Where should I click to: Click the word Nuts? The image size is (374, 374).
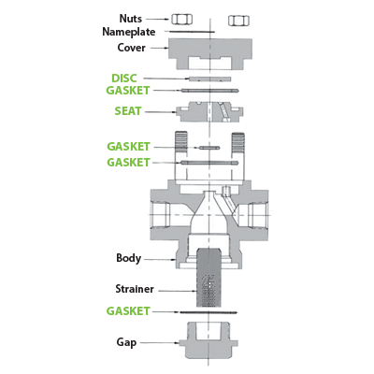click(131, 19)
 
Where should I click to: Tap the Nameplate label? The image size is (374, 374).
click(129, 32)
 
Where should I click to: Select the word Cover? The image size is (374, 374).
click(131, 48)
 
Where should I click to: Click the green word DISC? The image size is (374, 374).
click(124, 78)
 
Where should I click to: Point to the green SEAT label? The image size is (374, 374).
click(128, 111)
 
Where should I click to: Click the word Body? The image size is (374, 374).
click(128, 258)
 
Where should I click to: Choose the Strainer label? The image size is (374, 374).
click(135, 289)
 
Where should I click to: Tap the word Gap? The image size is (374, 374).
click(126, 342)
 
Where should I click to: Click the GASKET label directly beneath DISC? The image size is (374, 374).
click(128, 91)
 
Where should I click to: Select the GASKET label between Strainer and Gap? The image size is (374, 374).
click(128, 311)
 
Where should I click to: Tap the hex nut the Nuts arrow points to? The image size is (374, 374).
click(181, 20)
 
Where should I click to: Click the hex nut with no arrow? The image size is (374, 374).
click(238, 21)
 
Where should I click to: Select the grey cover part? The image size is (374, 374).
click(210, 53)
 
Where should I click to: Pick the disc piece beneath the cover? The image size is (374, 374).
click(210, 79)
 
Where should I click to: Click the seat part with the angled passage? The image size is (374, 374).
click(209, 111)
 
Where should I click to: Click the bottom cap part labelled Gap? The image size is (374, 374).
click(209, 340)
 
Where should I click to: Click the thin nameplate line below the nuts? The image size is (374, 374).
click(189, 32)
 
